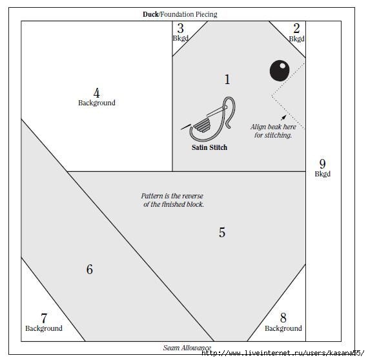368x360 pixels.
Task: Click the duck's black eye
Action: tap(280, 70)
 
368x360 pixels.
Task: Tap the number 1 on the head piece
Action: tap(227, 79)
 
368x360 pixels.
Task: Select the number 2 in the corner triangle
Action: tap(296, 28)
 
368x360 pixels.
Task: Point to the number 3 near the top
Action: tap(180, 28)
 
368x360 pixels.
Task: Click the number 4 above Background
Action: tap(96, 93)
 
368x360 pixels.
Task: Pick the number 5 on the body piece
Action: tap(222, 233)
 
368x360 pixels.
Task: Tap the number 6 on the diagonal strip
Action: tap(90, 270)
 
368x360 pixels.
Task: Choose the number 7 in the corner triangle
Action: tap(44, 319)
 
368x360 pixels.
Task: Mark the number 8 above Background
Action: tap(283, 318)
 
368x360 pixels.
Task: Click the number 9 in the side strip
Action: tap(322, 164)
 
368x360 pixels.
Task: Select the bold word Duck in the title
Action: tap(150, 14)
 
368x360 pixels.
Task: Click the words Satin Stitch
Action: tap(209, 147)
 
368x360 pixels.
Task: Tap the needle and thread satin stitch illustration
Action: tap(209, 119)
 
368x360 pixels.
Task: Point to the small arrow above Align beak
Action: tap(283, 118)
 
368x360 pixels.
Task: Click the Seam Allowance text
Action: tap(187, 348)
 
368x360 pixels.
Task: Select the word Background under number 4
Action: tap(97, 103)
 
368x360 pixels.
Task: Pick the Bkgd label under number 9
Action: tap(322, 174)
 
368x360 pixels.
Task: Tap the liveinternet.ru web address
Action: tap(283, 353)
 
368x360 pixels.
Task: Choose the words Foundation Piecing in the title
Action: tap(189, 14)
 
